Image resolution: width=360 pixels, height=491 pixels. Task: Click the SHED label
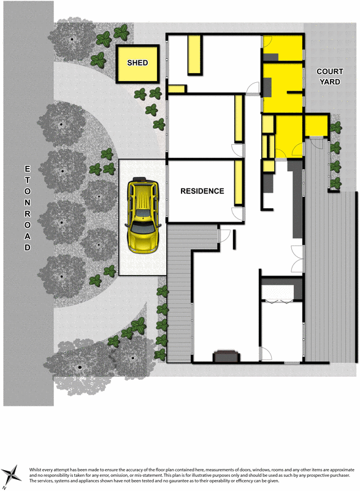point(138,63)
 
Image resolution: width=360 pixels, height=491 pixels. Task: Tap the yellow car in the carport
point(143,214)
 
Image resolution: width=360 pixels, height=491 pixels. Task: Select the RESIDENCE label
point(202,191)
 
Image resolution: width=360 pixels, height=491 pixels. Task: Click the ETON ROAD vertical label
point(27,207)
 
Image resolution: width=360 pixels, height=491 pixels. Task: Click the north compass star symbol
point(12,473)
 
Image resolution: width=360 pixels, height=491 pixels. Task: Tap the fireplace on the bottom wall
point(224,357)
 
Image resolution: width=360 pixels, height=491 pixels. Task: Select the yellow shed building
point(139,64)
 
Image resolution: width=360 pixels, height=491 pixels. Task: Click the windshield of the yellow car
point(143,228)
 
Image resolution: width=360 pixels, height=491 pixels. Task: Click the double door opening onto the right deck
point(297,253)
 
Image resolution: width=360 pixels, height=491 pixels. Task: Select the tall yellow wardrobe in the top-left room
point(196,55)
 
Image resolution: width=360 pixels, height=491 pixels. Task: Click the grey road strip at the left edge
point(27,307)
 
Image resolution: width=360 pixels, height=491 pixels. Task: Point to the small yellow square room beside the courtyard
point(316,125)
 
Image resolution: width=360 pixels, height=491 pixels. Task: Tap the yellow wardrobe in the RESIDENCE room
point(237,182)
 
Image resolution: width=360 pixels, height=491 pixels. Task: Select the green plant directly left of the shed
point(99,60)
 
